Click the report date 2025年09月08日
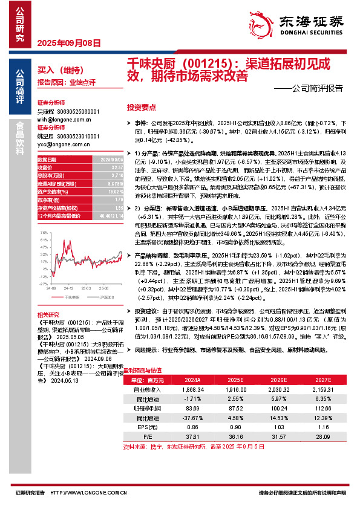[68, 43]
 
